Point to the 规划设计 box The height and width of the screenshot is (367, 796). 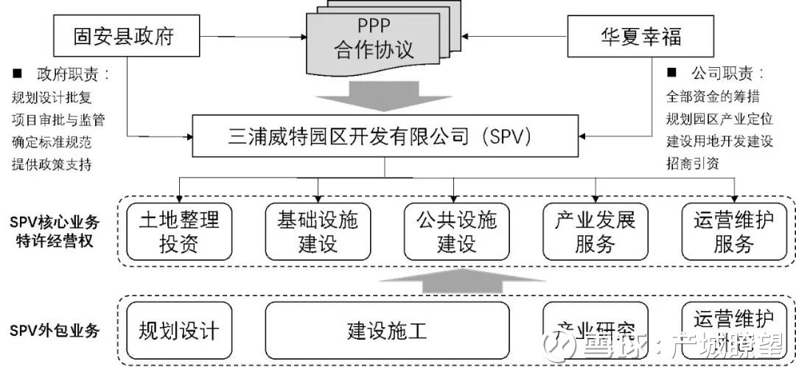click(178, 329)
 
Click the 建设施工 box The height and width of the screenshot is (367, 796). click(387, 329)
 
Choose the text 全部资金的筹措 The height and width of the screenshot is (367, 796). click(713, 97)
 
